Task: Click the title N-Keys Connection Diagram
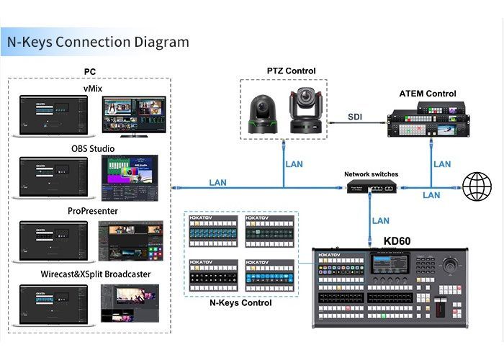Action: pos(98,42)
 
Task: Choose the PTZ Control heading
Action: pos(291,71)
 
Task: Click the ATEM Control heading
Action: pos(428,94)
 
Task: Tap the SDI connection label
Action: pos(356,117)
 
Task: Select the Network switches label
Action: pos(371,174)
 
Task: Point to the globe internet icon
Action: pos(477,187)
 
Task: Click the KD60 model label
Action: pos(397,240)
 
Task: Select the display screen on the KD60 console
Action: pos(389,264)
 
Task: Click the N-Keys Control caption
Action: pos(240,303)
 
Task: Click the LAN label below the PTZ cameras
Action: pos(294,164)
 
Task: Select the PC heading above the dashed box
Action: pos(89,71)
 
